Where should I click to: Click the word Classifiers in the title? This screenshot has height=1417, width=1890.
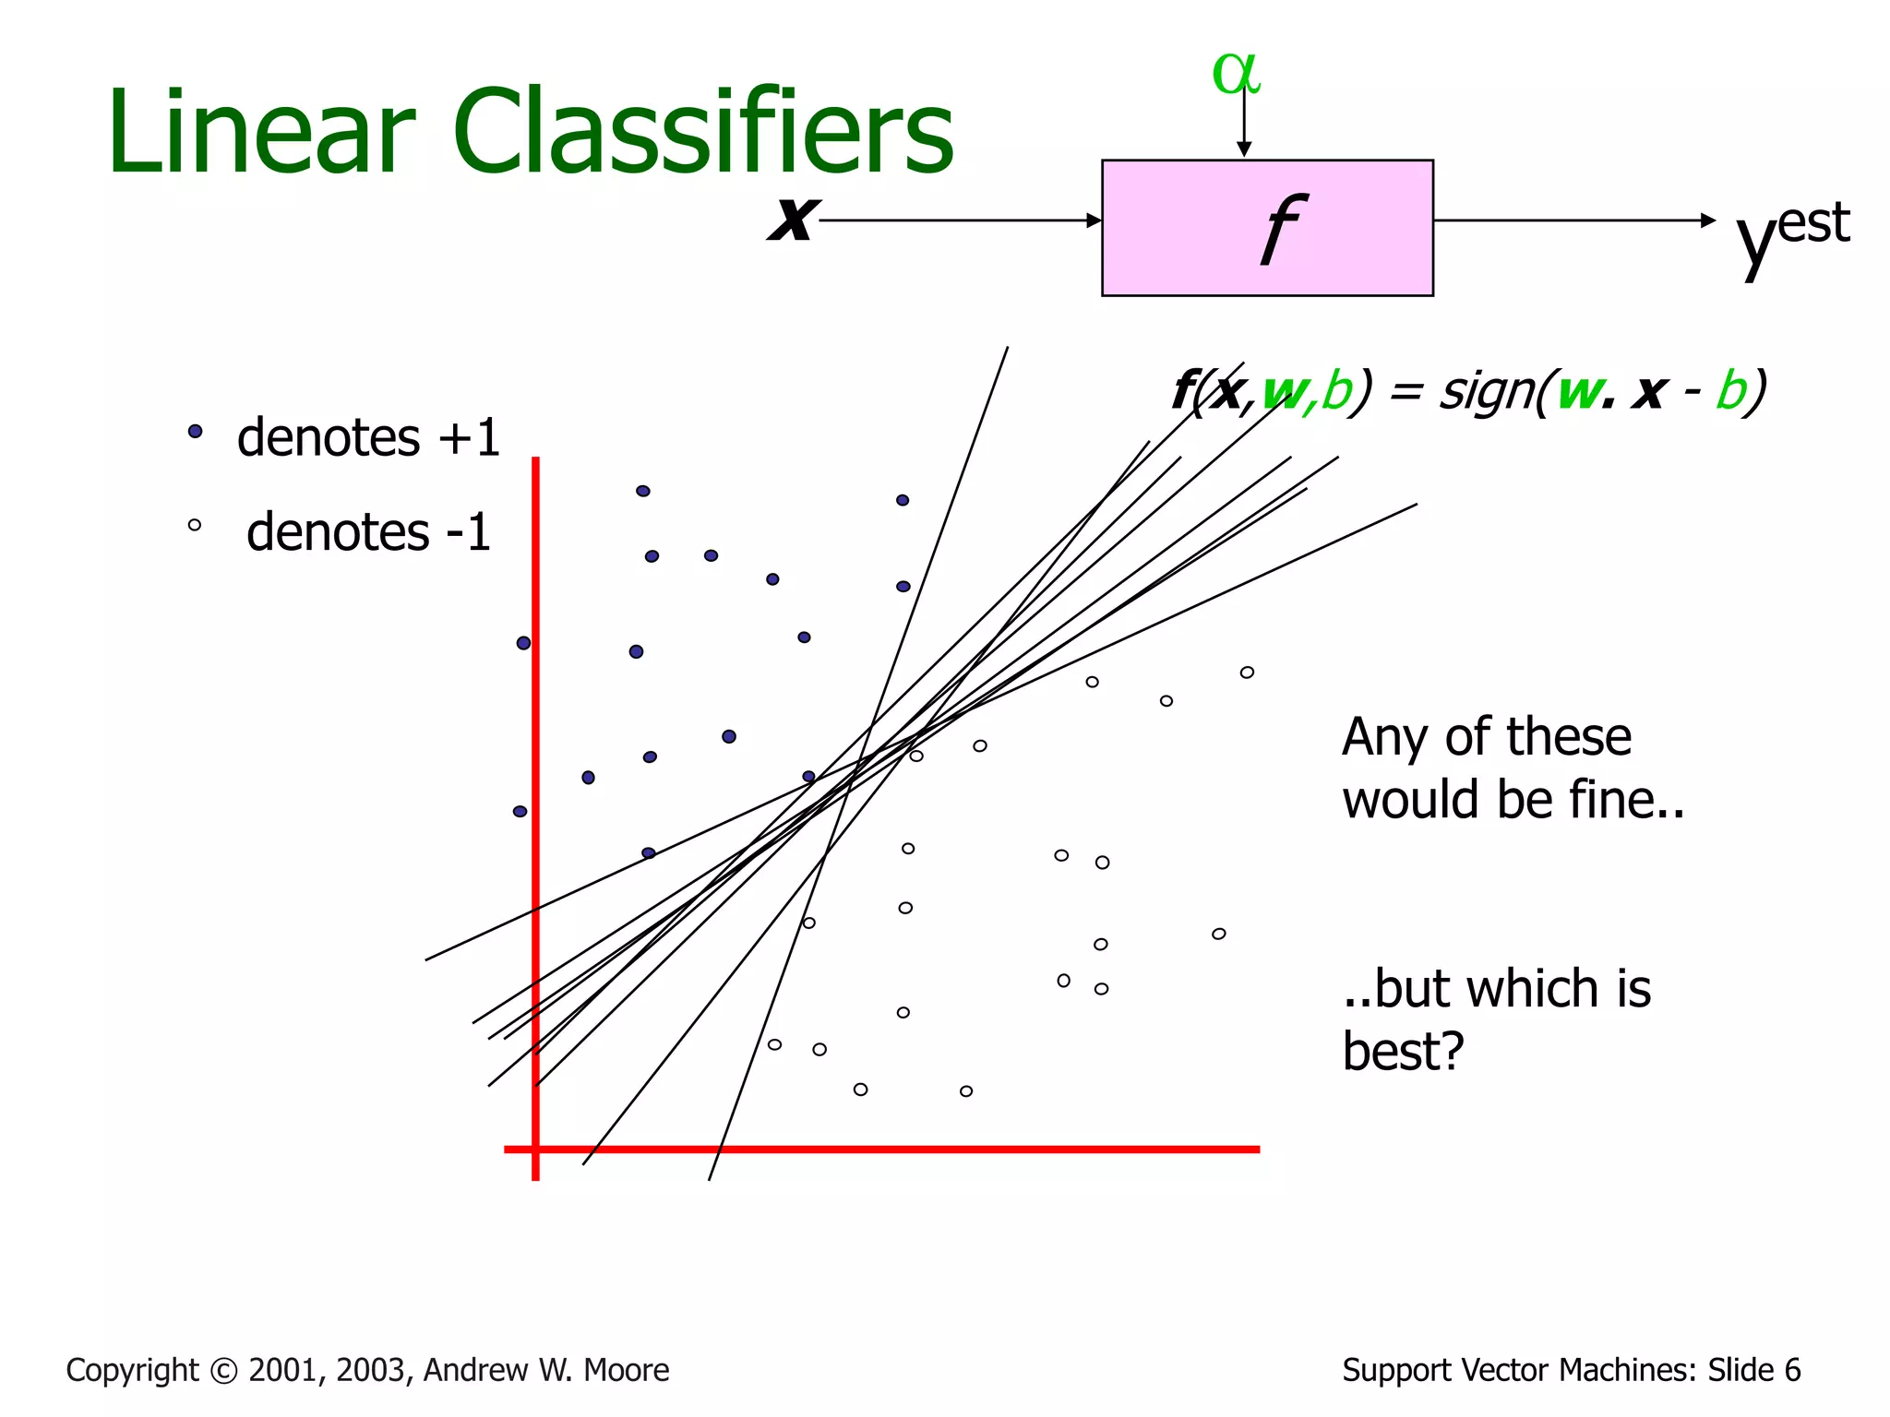(x=703, y=132)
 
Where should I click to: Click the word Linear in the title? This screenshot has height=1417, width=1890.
(x=261, y=132)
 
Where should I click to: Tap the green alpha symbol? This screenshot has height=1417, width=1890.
(x=1236, y=73)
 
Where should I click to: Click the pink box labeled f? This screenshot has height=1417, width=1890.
(x=1267, y=228)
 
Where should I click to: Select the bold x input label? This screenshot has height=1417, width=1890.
(x=793, y=219)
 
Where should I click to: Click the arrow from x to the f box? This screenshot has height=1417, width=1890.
(x=960, y=220)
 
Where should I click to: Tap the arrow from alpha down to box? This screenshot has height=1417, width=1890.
(x=1244, y=125)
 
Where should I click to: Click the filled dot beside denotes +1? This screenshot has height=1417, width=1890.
(x=195, y=431)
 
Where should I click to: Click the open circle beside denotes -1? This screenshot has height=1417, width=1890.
(x=195, y=525)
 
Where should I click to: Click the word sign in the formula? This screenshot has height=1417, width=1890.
(x=1482, y=391)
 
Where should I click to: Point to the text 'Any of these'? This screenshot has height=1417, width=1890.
(x=1486, y=737)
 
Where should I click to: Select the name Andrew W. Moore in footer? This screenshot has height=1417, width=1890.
(x=546, y=1370)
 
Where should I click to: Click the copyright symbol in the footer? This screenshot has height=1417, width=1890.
(x=224, y=1371)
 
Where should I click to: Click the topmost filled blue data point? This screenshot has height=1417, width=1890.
(x=643, y=491)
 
